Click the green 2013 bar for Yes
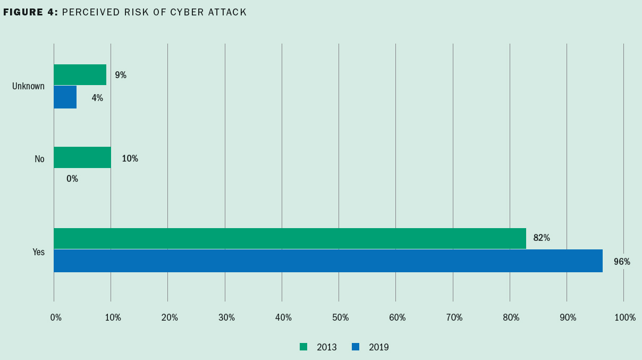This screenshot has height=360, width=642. (x=290, y=238)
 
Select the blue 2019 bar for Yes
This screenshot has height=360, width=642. (x=328, y=261)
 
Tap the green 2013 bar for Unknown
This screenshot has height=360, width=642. (x=80, y=74)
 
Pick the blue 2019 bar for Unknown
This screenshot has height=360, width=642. (x=65, y=97)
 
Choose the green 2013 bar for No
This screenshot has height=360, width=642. (x=82, y=157)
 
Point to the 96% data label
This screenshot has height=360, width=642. (x=622, y=262)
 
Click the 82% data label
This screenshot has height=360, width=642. (x=542, y=238)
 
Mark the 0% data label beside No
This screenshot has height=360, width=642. (x=72, y=179)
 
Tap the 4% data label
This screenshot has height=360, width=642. (x=97, y=98)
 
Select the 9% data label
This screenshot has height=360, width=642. (x=121, y=75)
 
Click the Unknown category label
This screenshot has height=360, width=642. (x=28, y=86)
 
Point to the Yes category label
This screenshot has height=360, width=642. (x=38, y=252)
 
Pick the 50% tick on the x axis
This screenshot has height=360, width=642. (x=340, y=317)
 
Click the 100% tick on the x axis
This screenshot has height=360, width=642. (x=625, y=317)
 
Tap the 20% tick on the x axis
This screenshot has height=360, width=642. (x=170, y=317)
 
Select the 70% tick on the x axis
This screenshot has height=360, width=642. (x=454, y=317)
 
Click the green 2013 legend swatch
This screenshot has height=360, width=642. (x=303, y=347)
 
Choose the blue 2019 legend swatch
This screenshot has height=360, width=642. (x=356, y=347)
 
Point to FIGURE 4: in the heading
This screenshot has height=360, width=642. (x=30, y=12)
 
